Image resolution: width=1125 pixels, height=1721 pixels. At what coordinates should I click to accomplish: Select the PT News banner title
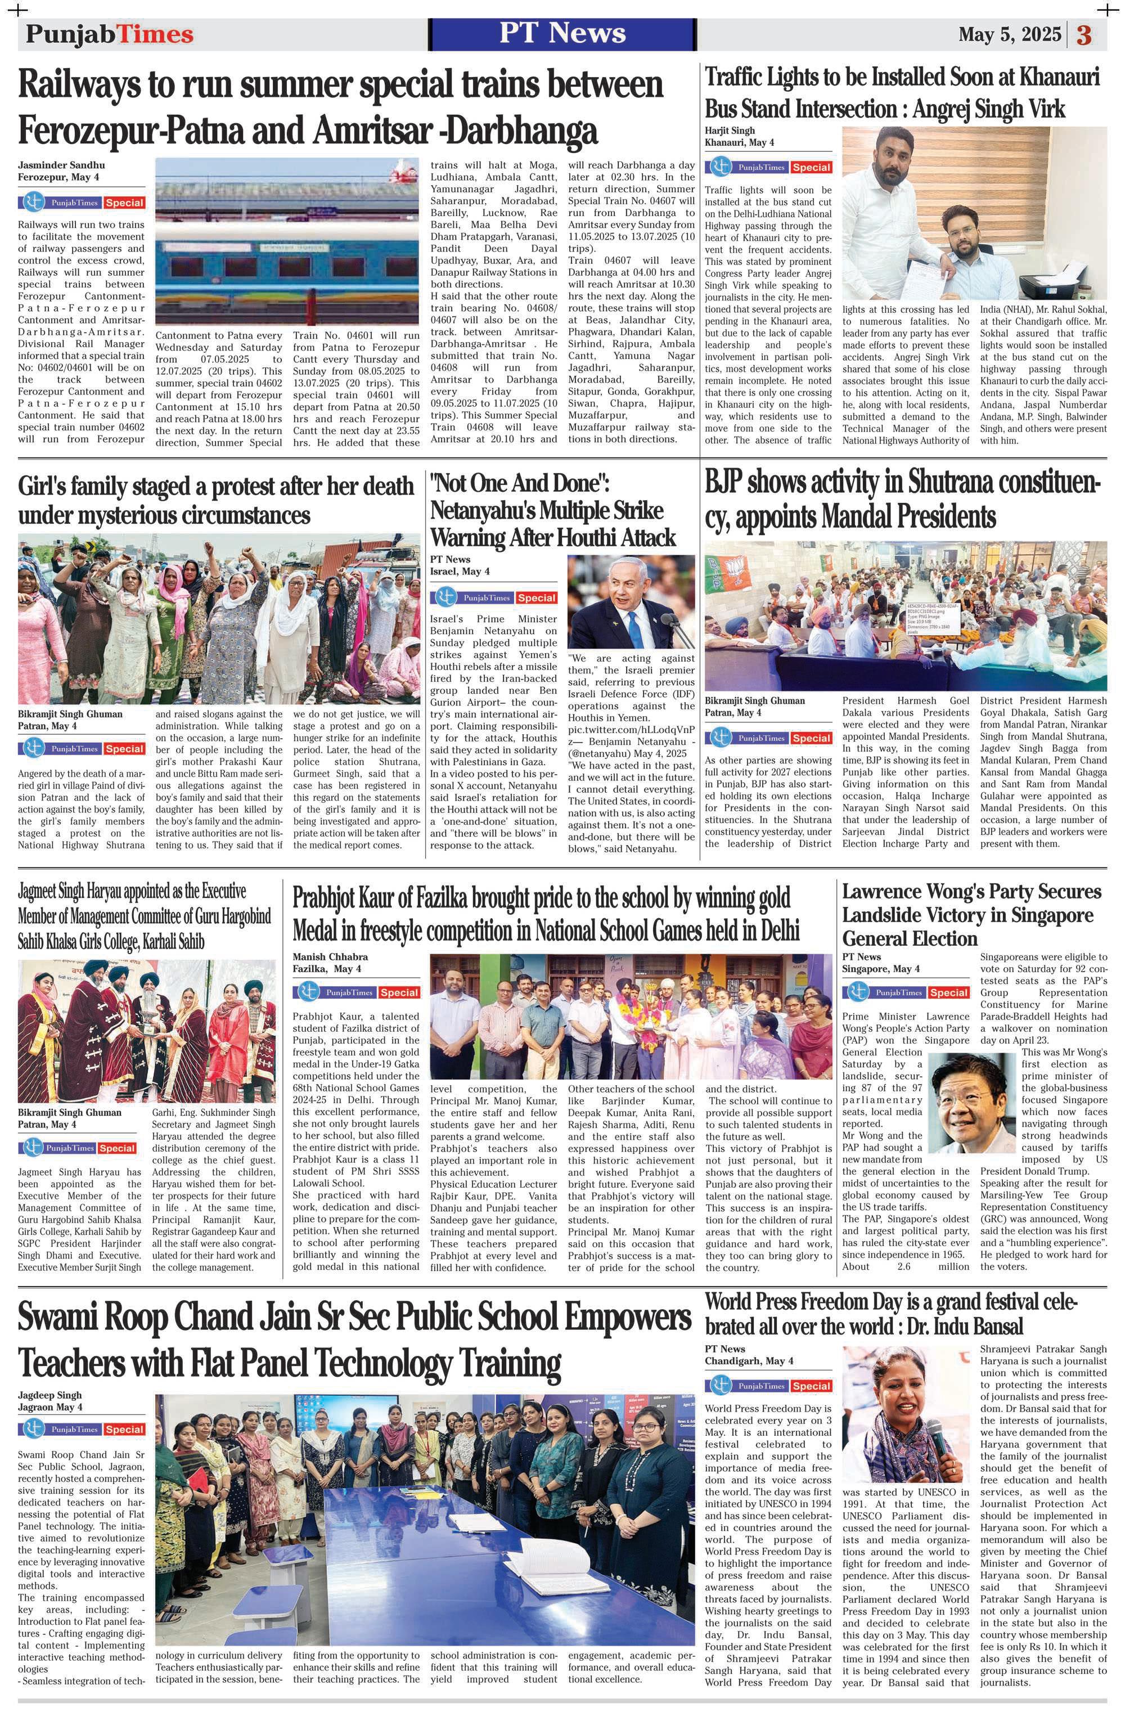point(562,33)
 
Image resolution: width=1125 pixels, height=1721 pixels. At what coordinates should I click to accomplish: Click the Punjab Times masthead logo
point(110,34)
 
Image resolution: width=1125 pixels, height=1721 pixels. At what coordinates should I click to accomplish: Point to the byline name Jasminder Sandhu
point(61,165)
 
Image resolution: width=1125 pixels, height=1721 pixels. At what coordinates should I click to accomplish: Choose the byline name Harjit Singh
point(730,130)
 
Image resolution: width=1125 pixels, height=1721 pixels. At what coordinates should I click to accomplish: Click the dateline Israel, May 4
point(460,571)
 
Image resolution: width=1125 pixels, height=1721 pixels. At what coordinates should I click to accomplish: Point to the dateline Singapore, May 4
point(881,968)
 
